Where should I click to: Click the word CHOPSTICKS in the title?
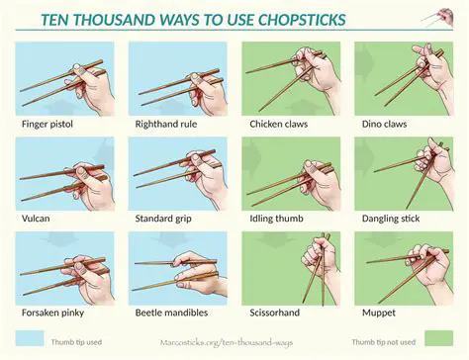(x=302, y=20)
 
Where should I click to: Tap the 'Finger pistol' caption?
(x=47, y=125)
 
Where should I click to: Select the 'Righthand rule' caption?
(x=166, y=125)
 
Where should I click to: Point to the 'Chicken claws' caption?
(x=279, y=125)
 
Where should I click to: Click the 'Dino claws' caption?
(x=384, y=125)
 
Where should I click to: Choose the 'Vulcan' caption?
(x=36, y=219)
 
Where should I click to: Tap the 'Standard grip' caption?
(x=163, y=219)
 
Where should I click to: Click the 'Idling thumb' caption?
(x=276, y=219)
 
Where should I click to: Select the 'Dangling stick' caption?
(x=391, y=219)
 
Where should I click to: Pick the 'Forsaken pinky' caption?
(x=52, y=313)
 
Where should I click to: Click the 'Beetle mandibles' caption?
(x=171, y=313)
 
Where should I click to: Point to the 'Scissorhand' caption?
(x=275, y=313)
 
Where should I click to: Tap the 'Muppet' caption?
(x=379, y=314)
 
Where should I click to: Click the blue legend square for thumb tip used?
(x=30, y=338)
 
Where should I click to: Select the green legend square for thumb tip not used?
(x=439, y=338)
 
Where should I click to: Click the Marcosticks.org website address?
(x=227, y=342)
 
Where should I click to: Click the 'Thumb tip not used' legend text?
(x=384, y=342)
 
